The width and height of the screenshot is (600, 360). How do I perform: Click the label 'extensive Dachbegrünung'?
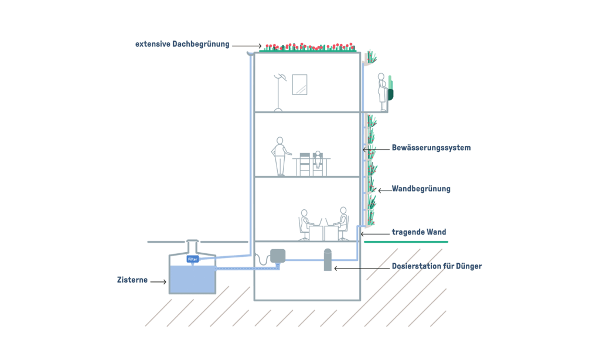pos(182,44)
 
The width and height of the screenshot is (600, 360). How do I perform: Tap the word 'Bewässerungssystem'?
pos(431,148)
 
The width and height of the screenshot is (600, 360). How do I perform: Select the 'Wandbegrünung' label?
pos(421,189)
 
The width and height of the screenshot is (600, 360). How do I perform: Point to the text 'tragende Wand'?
pos(419,233)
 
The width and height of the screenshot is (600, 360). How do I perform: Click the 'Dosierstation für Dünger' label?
pos(437,267)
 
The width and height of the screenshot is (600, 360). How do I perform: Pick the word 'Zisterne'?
pos(131,281)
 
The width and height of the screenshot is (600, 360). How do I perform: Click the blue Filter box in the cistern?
pos(192,259)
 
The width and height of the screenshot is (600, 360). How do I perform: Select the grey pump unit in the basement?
pos(277,256)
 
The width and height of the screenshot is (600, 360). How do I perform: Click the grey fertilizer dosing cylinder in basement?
pos(328,259)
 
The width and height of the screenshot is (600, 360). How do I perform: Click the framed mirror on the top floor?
pos(299,84)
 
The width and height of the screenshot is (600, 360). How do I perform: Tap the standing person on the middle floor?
pos(280,156)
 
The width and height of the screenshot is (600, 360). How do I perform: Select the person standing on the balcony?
pos(382,91)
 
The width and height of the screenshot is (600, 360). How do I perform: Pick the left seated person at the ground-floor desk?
pos(305,223)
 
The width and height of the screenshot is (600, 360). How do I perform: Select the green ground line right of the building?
pos(406,242)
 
